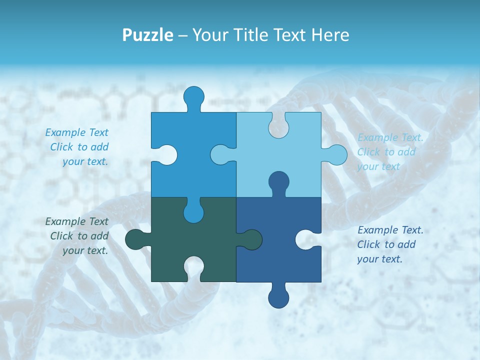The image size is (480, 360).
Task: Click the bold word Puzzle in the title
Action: coord(148,35)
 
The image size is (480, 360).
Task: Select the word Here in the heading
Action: coord(330,35)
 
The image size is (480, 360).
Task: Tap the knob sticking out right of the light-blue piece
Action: coord(336,155)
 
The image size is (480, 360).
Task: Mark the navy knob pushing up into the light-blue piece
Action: coord(278,181)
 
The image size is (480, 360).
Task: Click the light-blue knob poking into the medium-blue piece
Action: coord(221,154)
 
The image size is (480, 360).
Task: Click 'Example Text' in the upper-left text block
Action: coord(76,132)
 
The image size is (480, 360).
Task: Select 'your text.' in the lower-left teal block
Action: coord(85,250)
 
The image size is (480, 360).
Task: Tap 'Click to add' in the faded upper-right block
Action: coord(386,152)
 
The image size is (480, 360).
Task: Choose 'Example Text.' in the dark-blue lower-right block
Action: coord(390,230)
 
